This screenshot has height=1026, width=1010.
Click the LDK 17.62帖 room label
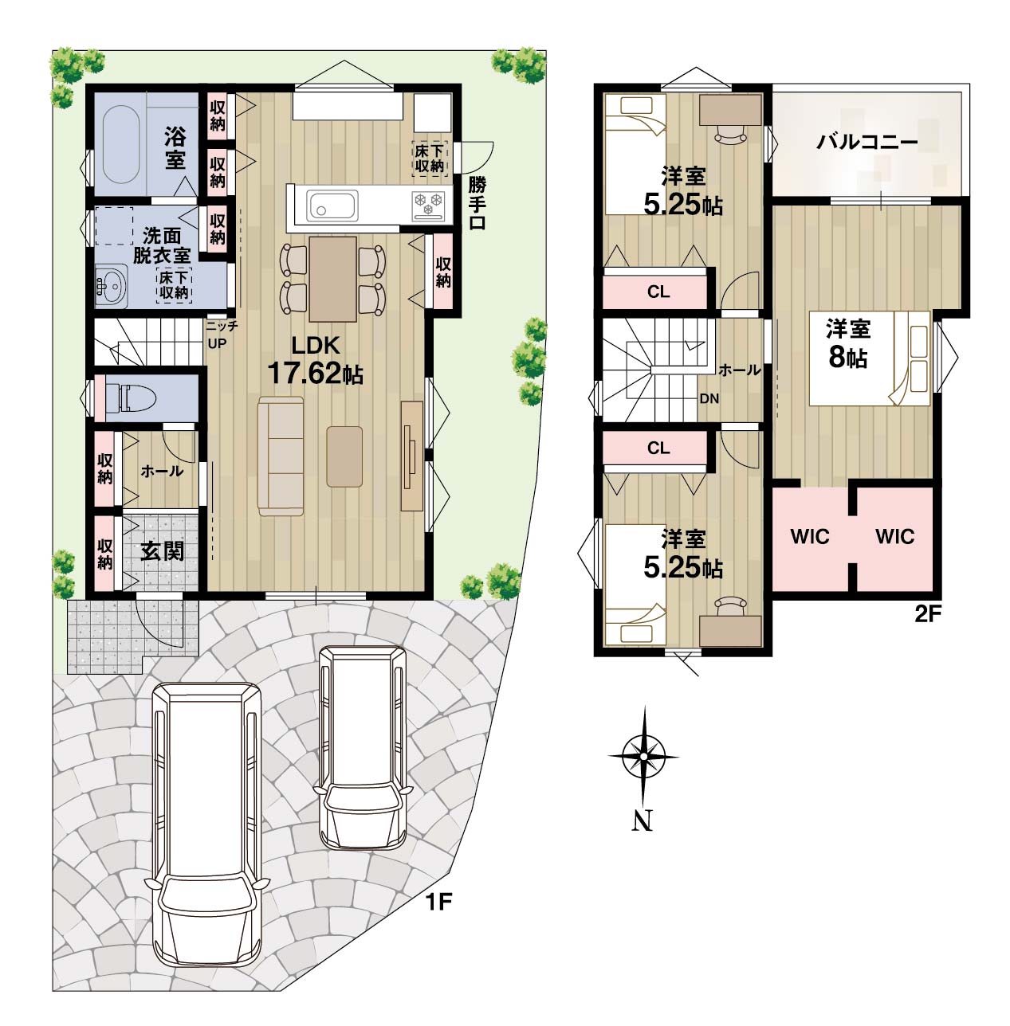316,361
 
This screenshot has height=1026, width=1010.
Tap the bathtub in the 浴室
121,143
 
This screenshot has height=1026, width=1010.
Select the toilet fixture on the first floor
131,398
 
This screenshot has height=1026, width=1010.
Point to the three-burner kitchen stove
429,206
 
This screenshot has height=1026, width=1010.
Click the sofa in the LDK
281,457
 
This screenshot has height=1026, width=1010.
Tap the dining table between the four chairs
332,279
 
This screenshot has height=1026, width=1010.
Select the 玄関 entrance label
162,551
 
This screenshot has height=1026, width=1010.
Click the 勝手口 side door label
477,203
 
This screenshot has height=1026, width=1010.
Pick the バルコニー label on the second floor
867,142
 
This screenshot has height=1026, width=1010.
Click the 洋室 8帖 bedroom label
848,343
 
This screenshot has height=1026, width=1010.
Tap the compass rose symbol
643,757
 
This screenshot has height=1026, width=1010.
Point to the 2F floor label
928,615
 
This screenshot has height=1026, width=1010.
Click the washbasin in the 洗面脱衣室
112,286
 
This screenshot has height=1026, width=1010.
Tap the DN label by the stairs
709,398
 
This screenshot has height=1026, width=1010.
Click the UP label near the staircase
217,343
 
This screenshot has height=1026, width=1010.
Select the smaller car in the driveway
363,747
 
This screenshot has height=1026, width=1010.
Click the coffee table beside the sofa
344,456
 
